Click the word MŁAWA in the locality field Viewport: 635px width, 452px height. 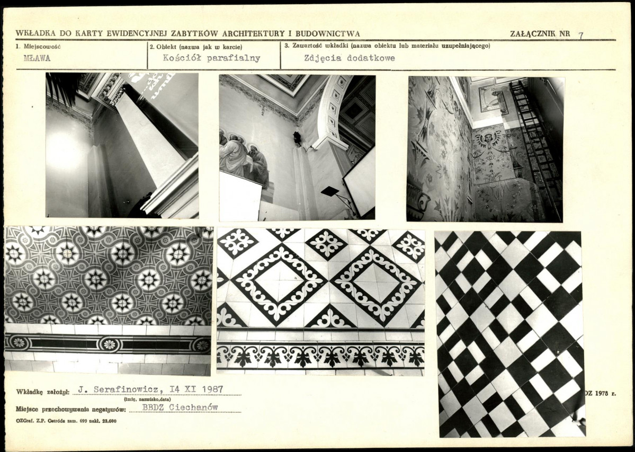click(37, 58)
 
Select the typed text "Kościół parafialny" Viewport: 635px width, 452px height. click(211, 58)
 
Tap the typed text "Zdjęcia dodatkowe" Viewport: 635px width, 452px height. click(350, 58)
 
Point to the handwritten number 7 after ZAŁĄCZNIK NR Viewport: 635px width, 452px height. click(581, 35)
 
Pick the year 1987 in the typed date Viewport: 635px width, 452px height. click(212, 389)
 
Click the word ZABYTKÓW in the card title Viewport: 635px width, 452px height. click(196, 33)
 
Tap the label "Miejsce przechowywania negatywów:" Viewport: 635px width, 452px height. click(71, 409)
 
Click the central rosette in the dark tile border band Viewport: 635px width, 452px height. click(109, 344)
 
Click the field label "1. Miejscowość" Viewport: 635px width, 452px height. click(38, 46)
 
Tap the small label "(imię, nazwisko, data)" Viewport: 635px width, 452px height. click(147, 400)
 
